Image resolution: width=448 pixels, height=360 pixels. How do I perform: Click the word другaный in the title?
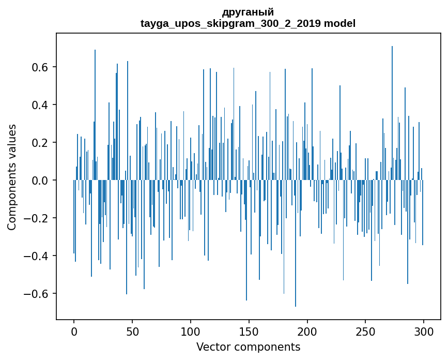coord(248,12)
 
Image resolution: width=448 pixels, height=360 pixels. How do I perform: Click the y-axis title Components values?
coord(12,177)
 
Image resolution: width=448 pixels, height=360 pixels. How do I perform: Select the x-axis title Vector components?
coord(248,347)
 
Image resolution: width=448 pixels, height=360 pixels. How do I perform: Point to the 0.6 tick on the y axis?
coord(41,67)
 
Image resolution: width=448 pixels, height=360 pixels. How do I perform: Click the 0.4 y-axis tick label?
coord(41,105)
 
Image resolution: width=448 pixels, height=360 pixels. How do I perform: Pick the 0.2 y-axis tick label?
coord(41,143)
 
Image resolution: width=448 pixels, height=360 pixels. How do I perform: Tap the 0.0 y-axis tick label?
coord(41,181)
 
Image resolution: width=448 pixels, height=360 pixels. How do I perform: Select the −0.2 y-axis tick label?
coord(38,218)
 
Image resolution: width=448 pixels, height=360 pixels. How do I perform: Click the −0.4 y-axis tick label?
coord(38,256)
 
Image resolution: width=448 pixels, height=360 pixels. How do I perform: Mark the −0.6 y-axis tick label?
coord(38,294)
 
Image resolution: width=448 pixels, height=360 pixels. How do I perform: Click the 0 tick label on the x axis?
coord(74,331)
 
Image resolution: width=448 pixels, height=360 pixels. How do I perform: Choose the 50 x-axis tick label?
coord(132,331)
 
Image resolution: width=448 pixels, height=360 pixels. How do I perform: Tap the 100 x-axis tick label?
coord(191,331)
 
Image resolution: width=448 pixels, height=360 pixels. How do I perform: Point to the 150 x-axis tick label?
coord(249,331)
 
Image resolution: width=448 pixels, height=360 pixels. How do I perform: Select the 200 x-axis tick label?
coord(307,331)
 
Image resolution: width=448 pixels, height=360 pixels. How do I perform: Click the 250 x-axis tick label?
coord(365,331)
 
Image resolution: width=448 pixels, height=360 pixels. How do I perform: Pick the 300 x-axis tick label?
coord(424,331)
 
